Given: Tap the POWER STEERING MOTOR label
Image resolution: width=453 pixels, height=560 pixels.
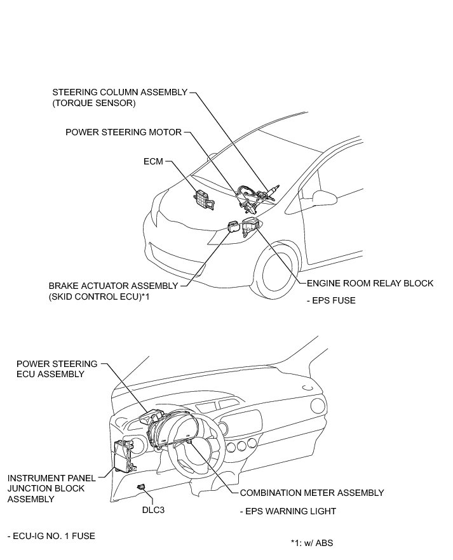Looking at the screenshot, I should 123,132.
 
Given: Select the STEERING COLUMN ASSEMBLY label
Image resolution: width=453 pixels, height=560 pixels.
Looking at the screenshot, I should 119,92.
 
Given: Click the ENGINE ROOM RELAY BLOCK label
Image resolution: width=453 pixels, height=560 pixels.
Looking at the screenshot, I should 370,283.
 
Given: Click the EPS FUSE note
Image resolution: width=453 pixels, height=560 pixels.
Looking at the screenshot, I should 331,300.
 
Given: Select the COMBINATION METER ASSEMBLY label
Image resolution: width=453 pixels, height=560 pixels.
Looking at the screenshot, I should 311,493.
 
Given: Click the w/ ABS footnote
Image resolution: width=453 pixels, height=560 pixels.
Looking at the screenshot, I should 311,543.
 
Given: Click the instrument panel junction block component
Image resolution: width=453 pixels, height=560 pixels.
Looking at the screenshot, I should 123,456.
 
